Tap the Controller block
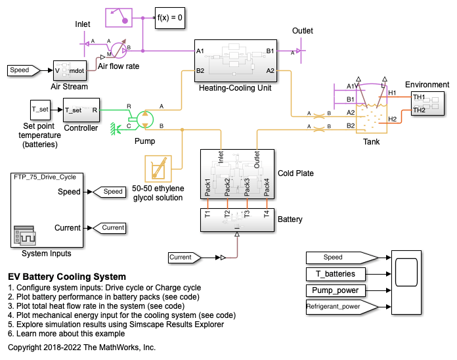tap(81, 110)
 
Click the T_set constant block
tap(41, 110)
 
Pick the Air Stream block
tap(70, 70)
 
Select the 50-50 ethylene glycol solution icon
tap(158, 169)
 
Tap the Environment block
tap(427, 104)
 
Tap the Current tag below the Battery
tap(190, 258)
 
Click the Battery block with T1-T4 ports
tap(237, 220)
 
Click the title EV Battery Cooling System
tap(67, 277)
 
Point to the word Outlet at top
tap(303, 31)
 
